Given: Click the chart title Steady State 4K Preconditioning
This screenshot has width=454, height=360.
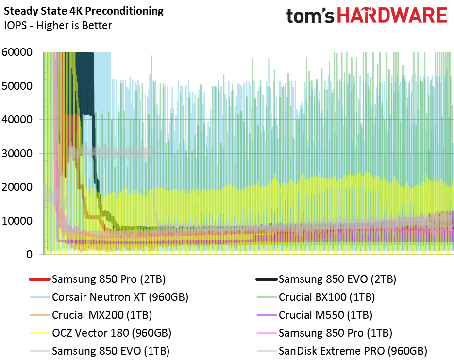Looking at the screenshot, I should [x=84, y=10].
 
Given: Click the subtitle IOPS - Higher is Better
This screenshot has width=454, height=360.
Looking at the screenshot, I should [x=58, y=25].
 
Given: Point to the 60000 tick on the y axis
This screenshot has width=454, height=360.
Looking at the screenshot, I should [x=17, y=52].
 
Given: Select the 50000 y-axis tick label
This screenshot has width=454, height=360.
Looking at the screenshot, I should [x=17, y=86].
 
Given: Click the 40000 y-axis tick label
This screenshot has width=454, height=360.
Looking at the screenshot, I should [x=17, y=119].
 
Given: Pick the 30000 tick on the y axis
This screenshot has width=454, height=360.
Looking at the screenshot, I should [x=17, y=153].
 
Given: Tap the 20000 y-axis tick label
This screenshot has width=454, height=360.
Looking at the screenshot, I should [x=17, y=187].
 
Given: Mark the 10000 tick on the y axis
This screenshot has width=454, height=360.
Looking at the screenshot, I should [x=17, y=221].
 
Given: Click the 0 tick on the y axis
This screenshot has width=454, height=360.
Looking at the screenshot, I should [x=30, y=254].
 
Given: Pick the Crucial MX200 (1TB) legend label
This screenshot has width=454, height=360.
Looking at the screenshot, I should [x=102, y=315].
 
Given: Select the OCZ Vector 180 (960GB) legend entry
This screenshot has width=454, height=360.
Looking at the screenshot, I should [x=112, y=333].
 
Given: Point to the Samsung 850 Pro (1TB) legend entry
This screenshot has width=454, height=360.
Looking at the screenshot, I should [x=336, y=333].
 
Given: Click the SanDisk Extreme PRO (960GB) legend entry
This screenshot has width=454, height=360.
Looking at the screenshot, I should [x=353, y=351].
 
